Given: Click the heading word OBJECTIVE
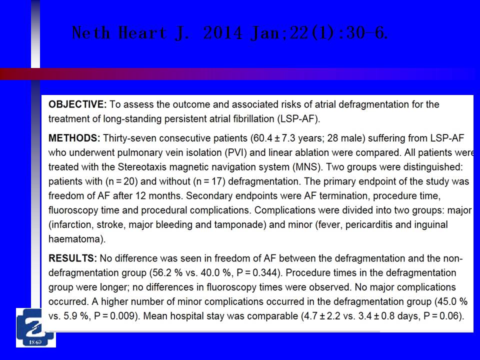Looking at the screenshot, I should point(77,104).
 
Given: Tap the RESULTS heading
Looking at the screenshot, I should point(73,258).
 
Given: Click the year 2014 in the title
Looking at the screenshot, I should point(223,33).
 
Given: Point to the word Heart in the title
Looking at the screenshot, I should point(143,33).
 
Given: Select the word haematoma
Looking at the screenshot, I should point(76,239).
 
